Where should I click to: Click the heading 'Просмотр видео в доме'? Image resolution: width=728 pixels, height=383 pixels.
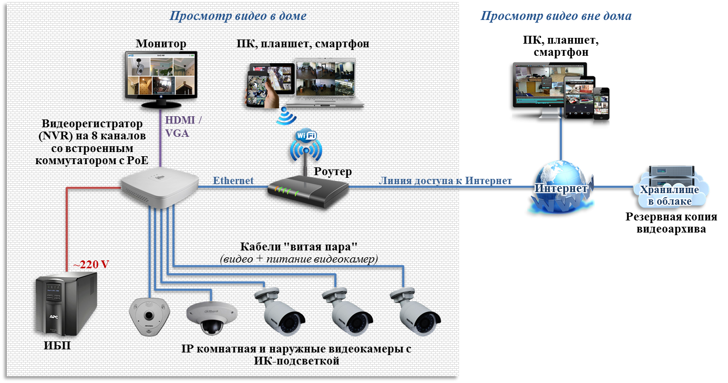point(238,16)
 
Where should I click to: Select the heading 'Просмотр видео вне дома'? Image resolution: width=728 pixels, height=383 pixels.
point(556,16)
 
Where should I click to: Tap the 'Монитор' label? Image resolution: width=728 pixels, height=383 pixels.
point(161,44)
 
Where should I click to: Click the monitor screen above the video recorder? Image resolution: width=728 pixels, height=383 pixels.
point(161,75)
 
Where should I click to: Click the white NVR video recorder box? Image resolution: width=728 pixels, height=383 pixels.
point(159,187)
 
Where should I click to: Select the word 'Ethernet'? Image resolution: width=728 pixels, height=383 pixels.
point(233,180)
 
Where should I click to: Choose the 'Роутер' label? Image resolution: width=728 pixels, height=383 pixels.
point(333,172)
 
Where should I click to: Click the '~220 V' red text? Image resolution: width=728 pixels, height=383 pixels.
point(90,265)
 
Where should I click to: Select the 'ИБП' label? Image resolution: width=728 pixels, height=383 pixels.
point(56,346)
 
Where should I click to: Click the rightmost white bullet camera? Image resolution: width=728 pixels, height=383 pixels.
point(415,313)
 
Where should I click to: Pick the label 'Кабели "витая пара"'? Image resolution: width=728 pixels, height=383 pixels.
point(298,247)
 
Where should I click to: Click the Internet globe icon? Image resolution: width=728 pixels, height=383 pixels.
point(561,188)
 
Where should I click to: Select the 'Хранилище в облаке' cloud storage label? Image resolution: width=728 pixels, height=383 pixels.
point(669,195)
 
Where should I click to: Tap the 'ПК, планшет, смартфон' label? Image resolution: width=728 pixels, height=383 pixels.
point(303,44)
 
